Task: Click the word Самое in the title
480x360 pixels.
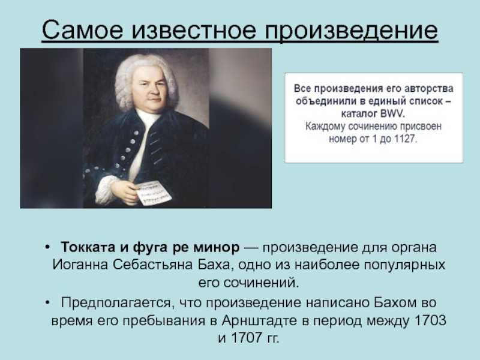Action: pos(83,29)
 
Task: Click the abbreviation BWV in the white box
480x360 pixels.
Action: pos(393,113)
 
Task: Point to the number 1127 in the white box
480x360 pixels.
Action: pos(406,139)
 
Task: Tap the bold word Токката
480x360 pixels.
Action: pos(88,247)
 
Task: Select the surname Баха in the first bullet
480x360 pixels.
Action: pos(214,265)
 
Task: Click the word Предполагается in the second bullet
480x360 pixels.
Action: pos(116,302)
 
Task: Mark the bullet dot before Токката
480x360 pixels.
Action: pos(47,247)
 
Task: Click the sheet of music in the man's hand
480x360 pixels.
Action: pos(153,192)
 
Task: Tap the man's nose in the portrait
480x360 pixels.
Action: pos(151,89)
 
